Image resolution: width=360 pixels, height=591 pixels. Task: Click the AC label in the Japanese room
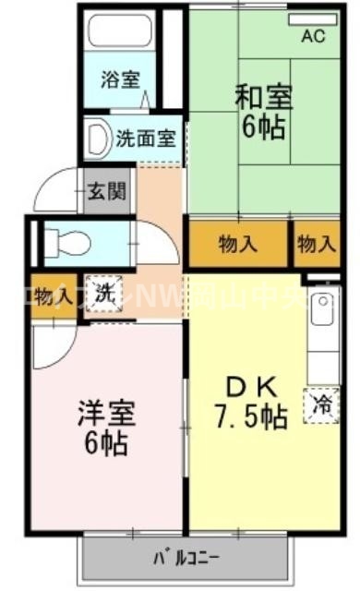point(314,38)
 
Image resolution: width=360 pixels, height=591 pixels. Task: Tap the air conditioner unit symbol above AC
point(312,18)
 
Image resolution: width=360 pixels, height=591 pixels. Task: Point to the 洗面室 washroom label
point(145,139)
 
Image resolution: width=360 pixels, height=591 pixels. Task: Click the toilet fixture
point(68,242)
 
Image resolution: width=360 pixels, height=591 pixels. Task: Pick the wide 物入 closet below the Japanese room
point(238,244)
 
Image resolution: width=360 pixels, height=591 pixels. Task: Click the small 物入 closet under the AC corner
point(317,244)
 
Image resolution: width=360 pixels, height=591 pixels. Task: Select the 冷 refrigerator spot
point(321,403)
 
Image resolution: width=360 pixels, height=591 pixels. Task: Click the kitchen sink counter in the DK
point(322,332)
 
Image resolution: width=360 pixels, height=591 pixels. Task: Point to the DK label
point(250,387)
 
